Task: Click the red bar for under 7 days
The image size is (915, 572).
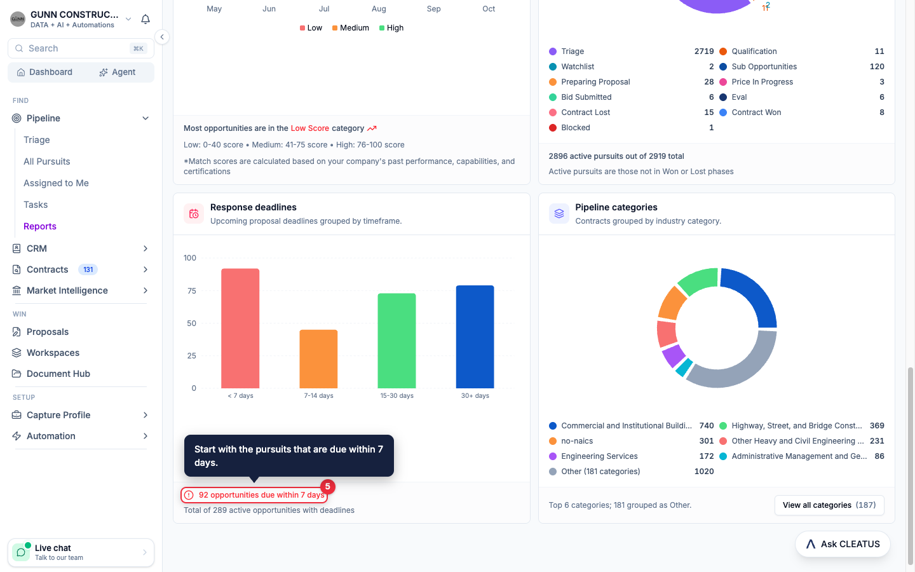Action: tap(240, 328)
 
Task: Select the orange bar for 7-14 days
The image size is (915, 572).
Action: tap(318, 358)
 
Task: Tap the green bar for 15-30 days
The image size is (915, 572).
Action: tap(396, 341)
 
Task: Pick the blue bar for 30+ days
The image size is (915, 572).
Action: tap(475, 337)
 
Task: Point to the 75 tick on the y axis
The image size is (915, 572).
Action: tap(192, 290)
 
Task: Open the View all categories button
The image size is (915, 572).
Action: tap(829, 505)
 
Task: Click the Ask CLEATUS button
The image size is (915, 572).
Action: tap(843, 544)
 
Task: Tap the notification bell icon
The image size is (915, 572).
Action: tap(146, 19)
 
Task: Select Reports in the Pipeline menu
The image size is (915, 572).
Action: tap(40, 226)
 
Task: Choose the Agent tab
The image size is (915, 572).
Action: tap(117, 72)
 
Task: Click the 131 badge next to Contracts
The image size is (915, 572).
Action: tap(88, 269)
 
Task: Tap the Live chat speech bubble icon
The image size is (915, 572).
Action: tap(21, 552)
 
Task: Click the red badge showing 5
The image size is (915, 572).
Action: tap(328, 487)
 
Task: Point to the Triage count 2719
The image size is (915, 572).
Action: tap(704, 51)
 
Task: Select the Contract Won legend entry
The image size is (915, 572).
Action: tap(756, 112)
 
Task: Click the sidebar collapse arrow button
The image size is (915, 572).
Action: tap(162, 37)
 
